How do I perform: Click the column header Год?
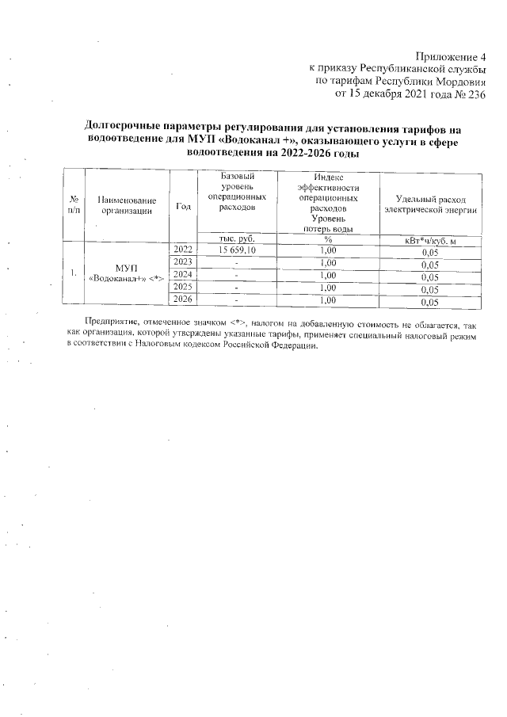click(183, 206)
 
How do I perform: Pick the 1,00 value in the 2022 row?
click(327, 250)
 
